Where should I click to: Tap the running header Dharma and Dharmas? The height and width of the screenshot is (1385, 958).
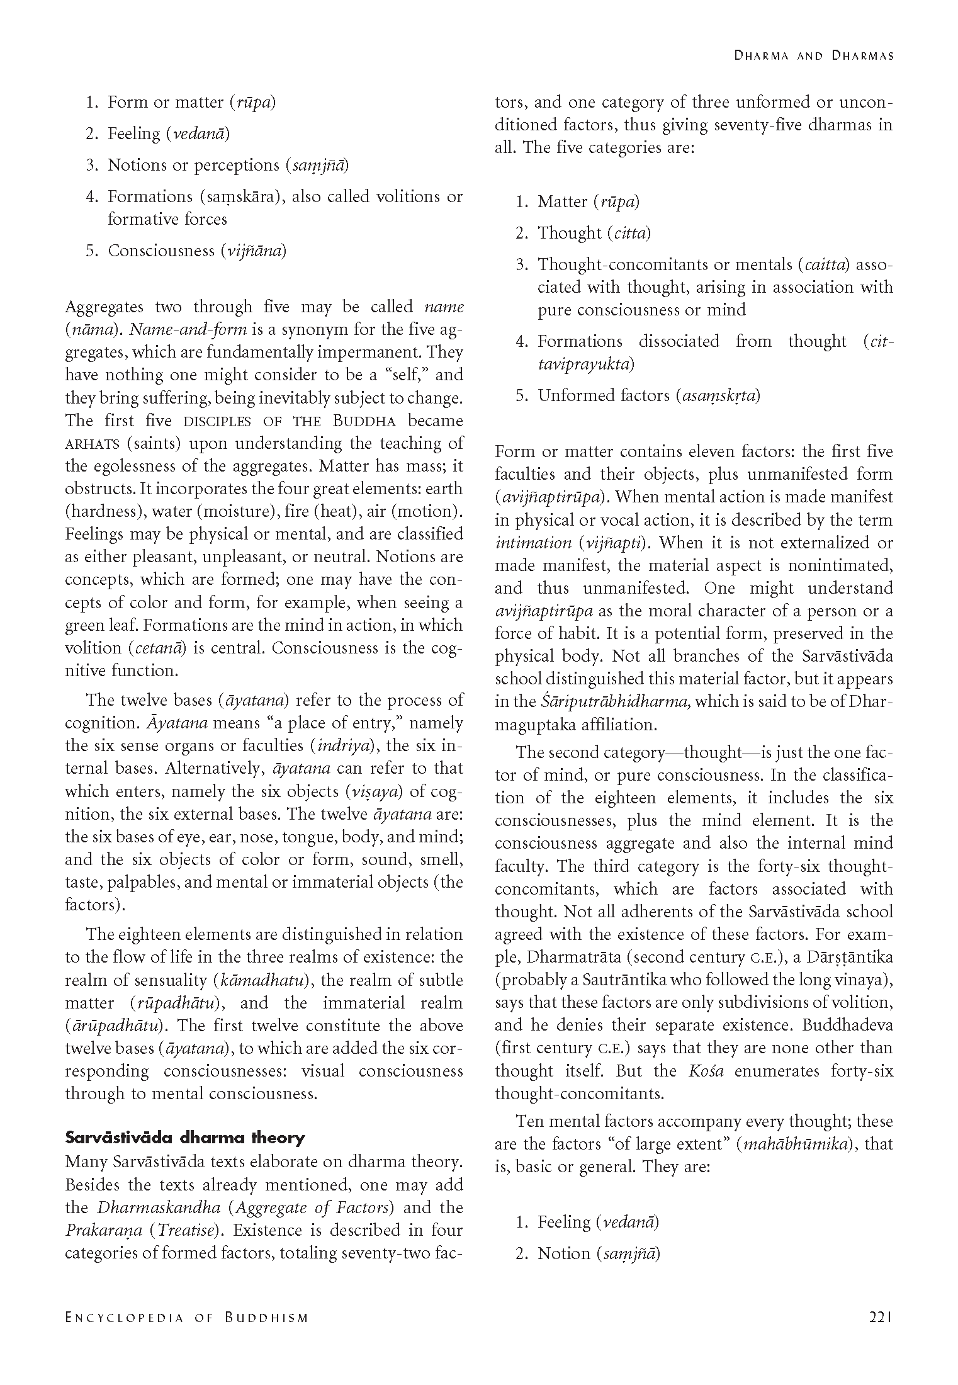(x=814, y=55)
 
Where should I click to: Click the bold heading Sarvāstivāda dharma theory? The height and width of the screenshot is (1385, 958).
(x=185, y=1138)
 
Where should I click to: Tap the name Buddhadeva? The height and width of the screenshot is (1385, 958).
(x=847, y=1025)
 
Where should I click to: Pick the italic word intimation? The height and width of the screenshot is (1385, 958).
(x=533, y=543)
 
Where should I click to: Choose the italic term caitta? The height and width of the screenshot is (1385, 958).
(x=825, y=264)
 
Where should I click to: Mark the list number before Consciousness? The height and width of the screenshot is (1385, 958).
(x=91, y=251)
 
